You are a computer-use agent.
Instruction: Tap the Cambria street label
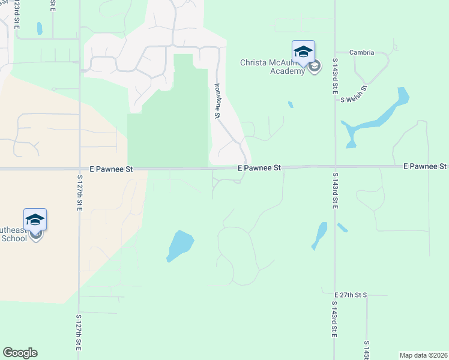[x=362, y=53]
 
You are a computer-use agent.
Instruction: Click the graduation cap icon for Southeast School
[x=35, y=219]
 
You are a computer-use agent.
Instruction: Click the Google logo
[x=20, y=353]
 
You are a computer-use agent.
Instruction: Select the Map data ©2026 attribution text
[x=423, y=355]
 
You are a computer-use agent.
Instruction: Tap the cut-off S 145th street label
[x=366, y=352]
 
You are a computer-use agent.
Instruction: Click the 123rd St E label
[x=16, y=15]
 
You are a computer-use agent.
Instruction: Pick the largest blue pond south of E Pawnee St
[x=179, y=245]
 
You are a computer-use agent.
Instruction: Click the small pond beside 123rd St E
[x=40, y=28]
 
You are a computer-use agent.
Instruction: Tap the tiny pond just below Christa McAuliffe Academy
[x=291, y=104]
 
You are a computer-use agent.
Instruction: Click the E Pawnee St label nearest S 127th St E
[x=111, y=170]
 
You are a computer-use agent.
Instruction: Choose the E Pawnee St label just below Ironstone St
[x=259, y=169]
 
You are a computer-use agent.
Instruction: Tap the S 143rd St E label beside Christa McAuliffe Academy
[x=335, y=76]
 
